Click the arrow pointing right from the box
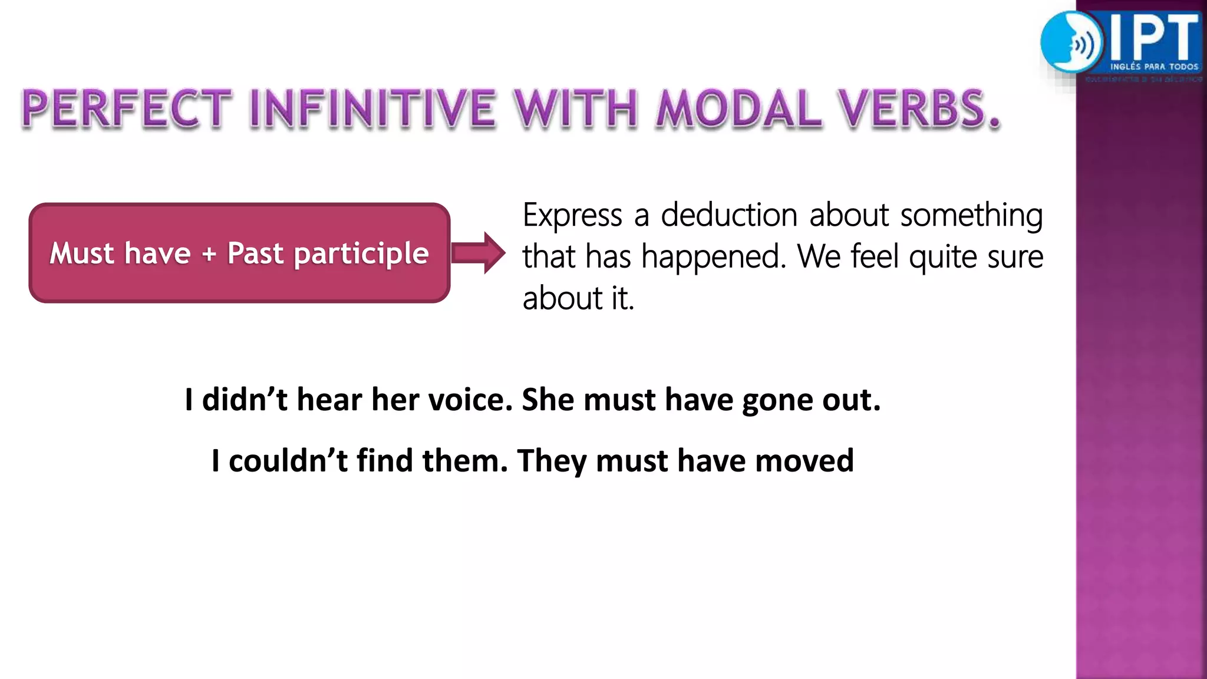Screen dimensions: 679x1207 (479, 253)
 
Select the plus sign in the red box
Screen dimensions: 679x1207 (209, 255)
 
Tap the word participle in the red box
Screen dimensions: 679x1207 (361, 255)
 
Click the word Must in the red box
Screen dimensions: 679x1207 (81, 253)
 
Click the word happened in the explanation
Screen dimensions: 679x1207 (713, 258)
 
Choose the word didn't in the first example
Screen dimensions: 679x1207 (245, 400)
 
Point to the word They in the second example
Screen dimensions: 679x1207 (552, 462)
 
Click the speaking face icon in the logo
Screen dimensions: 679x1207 (1070, 42)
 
